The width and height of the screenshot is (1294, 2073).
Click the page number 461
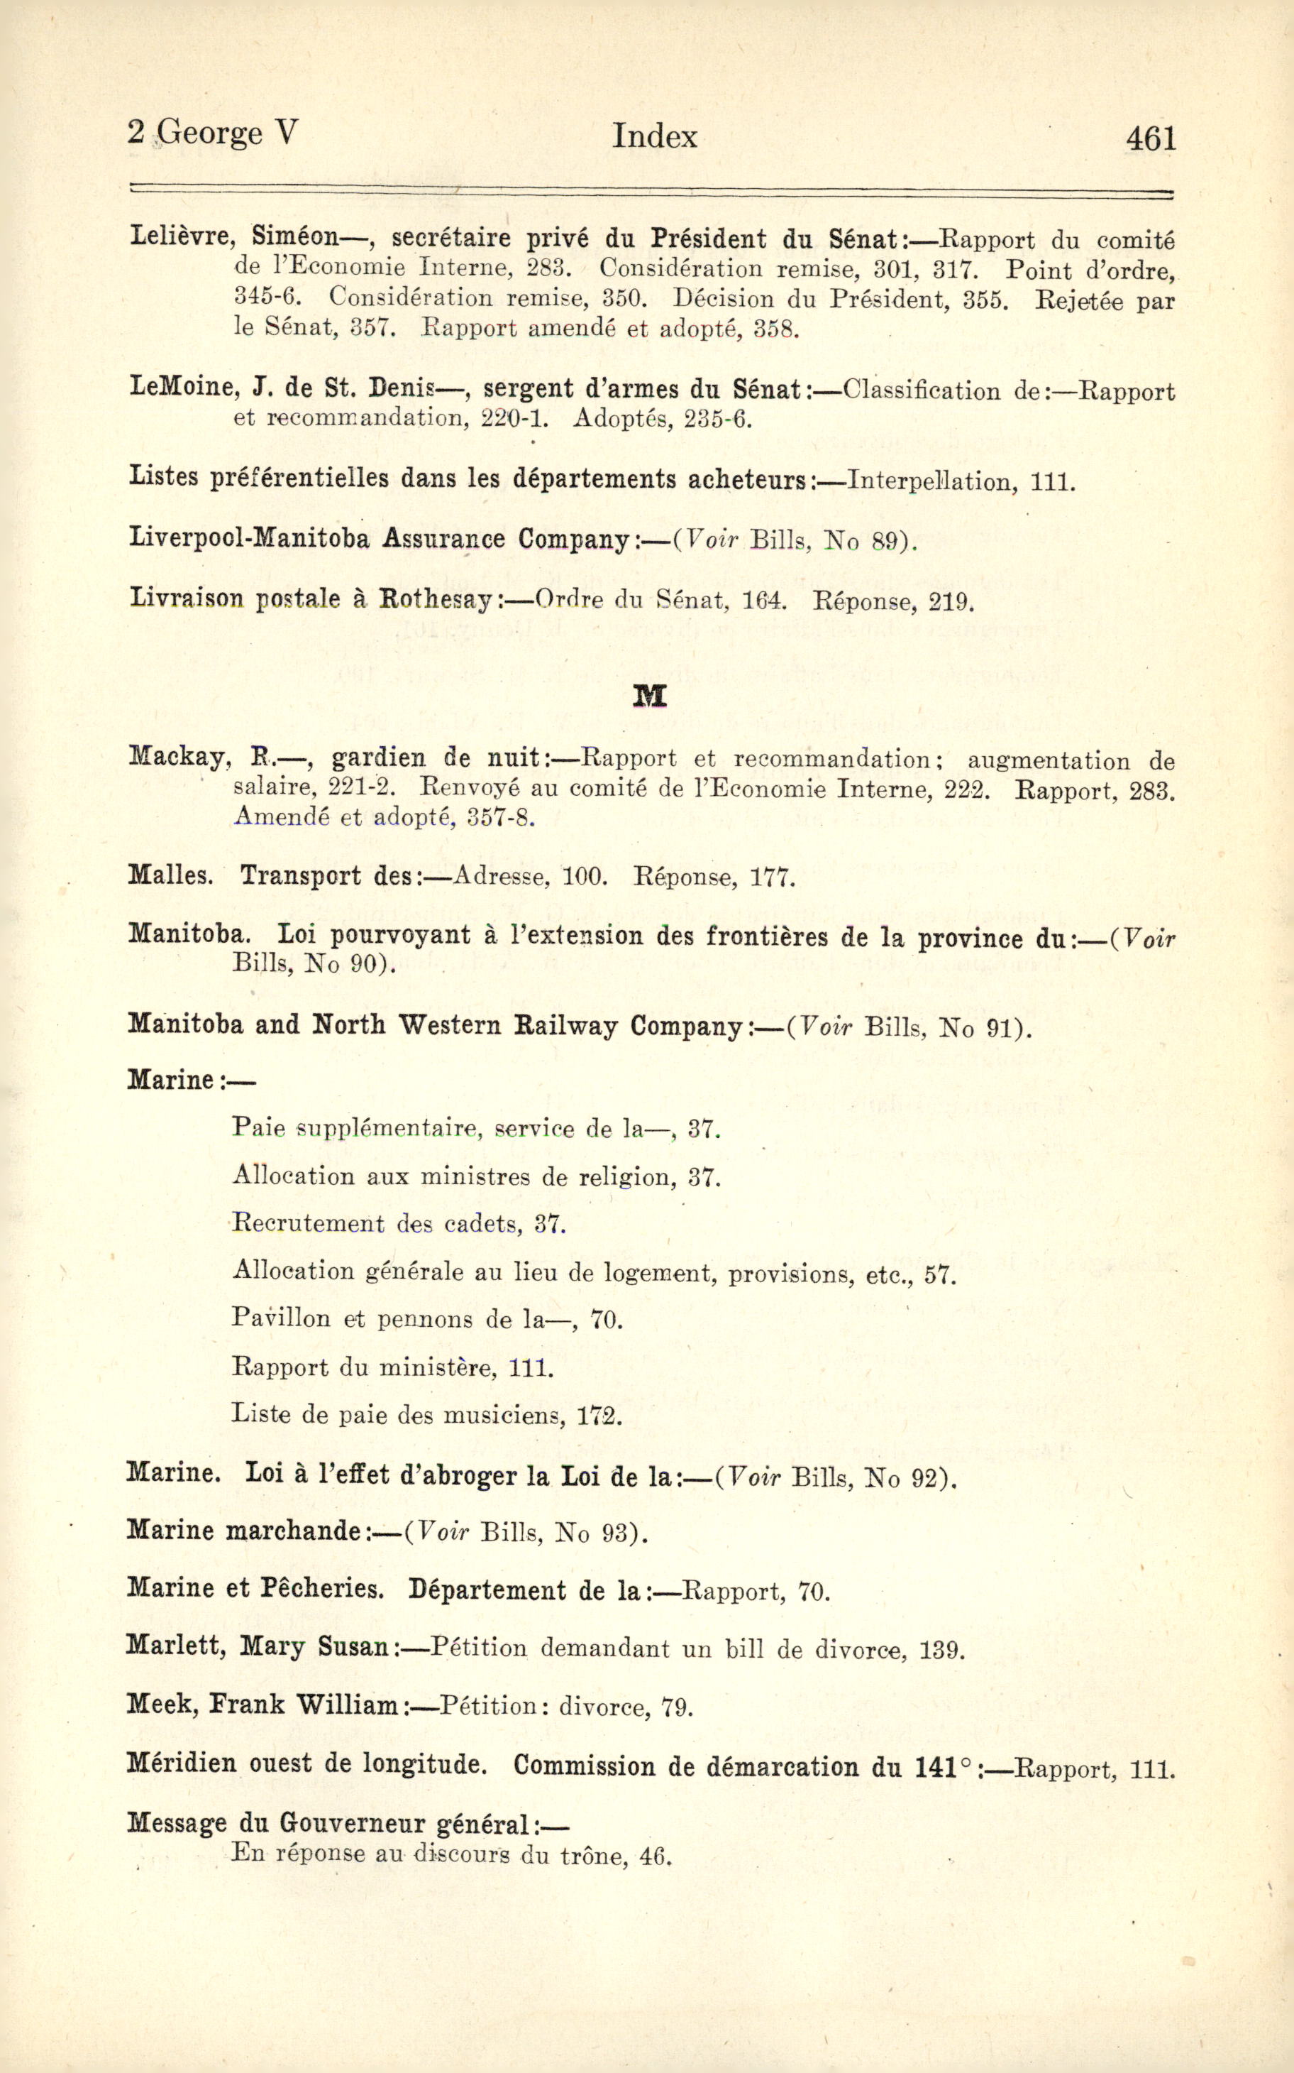(x=1151, y=138)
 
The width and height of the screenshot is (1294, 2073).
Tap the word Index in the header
(x=654, y=136)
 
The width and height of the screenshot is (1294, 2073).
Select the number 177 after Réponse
(x=772, y=877)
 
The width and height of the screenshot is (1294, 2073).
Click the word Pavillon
(x=281, y=1317)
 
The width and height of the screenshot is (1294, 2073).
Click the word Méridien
(x=182, y=1763)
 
